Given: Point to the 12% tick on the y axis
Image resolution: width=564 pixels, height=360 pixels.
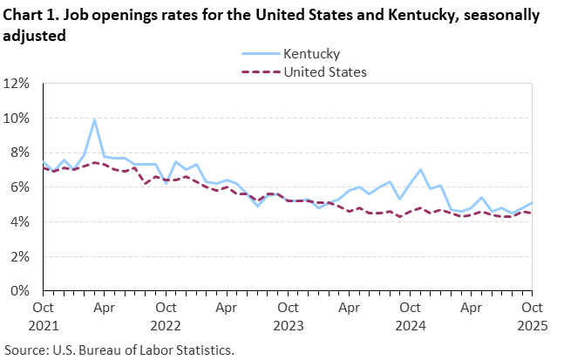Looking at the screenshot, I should coord(18,84).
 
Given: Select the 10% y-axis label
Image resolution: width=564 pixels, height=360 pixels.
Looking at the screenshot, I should coord(18,119).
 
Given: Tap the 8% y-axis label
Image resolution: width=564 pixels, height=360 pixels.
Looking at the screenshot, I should coord(21,153).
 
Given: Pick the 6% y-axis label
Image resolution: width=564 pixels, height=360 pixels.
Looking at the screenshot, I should coord(21,187).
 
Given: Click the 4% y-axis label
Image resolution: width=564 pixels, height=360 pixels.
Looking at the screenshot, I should coord(21,222).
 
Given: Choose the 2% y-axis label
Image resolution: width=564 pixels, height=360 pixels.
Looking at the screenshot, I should coord(21,257).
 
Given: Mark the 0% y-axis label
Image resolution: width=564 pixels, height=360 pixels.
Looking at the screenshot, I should coord(21,291).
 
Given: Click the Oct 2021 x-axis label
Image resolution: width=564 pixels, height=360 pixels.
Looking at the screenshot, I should coord(44,316).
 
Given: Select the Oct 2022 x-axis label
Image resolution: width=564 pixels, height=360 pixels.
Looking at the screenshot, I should coord(166,316).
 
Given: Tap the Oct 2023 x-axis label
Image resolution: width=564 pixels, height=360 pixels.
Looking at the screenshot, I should coord(288,316).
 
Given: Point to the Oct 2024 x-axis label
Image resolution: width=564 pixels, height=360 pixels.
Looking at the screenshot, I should coord(410,316).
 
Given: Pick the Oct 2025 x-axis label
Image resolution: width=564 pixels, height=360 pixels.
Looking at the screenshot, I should coord(532,316).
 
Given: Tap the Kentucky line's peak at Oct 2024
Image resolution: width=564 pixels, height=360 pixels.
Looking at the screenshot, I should coord(420,170).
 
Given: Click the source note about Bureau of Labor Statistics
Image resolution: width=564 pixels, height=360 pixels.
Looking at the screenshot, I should coord(119,349).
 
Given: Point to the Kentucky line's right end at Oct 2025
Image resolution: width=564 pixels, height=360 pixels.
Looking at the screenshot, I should coord(532,203).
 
